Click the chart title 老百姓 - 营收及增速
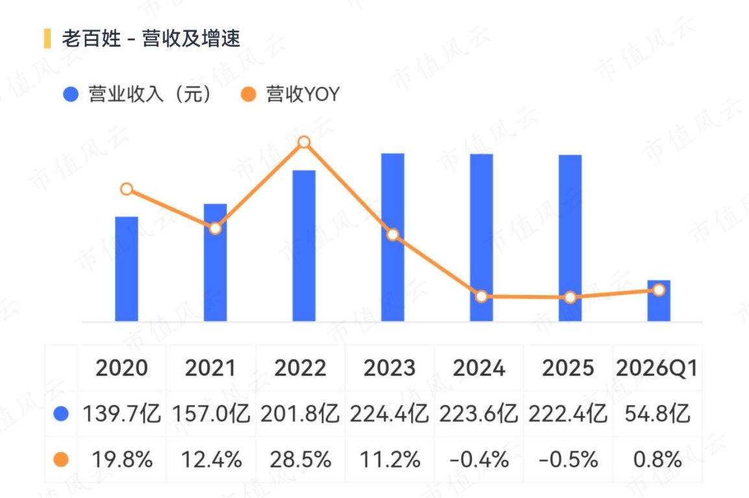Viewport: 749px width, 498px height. [151, 38]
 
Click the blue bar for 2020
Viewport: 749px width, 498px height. [127, 269]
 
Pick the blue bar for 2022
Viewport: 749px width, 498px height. [304, 246]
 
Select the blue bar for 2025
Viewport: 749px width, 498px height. [570, 238]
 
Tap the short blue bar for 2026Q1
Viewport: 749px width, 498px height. [659, 300]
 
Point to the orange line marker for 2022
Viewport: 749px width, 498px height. [304, 142]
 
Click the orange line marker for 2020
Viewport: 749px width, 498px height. [127, 189]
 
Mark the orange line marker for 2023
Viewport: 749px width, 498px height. [393, 235]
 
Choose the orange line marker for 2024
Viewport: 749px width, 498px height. [482, 297]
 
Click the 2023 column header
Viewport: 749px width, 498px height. [389, 368]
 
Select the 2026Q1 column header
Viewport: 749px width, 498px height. [657, 368]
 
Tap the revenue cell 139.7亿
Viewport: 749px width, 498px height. [122, 413]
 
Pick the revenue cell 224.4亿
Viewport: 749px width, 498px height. [389, 413]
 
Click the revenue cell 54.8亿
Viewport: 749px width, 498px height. [657, 413]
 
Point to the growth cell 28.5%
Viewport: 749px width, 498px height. [300, 460]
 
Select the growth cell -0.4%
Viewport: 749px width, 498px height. [478, 460]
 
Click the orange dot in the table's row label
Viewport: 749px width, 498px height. [61, 460]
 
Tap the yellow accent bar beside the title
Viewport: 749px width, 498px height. [47, 38]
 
